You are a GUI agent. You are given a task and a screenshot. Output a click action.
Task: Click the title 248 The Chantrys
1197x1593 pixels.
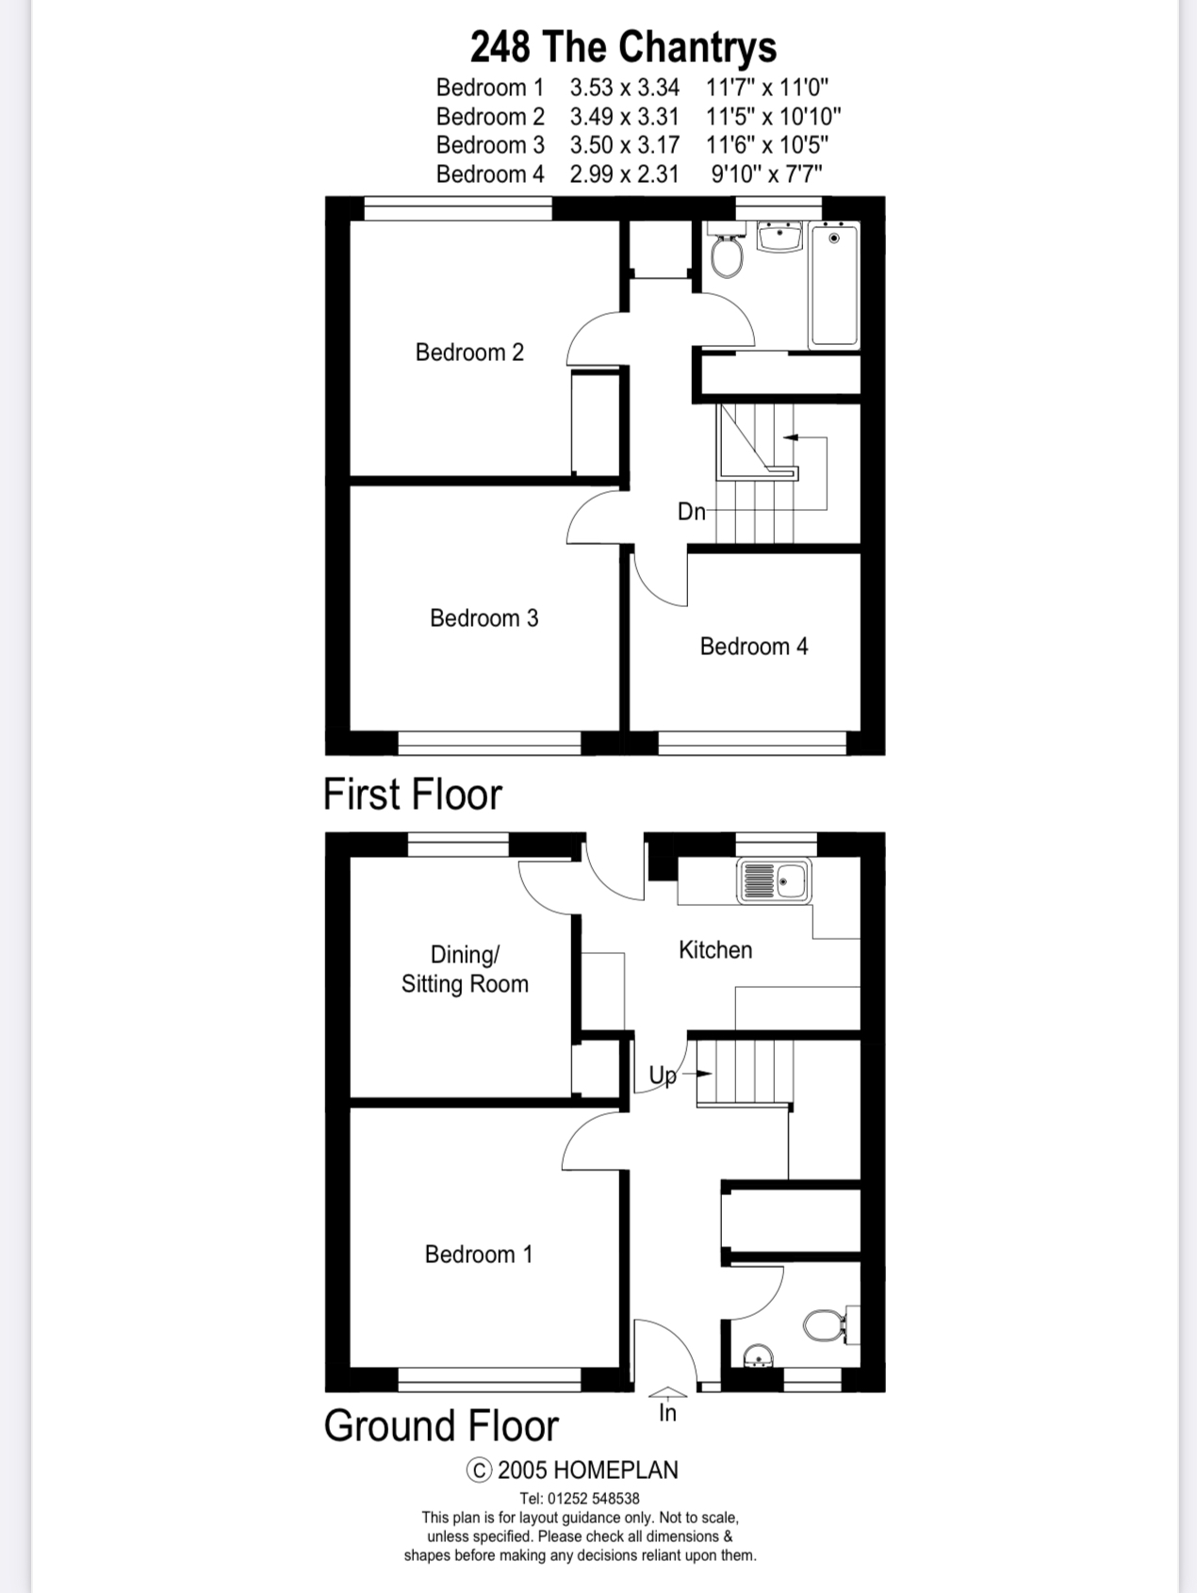[623, 46]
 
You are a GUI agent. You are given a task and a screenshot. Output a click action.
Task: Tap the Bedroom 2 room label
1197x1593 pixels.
[469, 353]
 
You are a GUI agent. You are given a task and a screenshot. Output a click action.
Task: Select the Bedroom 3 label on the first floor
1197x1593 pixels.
[484, 618]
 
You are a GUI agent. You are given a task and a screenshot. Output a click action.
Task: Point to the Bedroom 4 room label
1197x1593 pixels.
[754, 647]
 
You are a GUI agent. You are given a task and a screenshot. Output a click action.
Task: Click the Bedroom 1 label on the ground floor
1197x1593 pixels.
[479, 1255]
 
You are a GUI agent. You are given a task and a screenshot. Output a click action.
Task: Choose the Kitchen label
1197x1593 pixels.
[715, 950]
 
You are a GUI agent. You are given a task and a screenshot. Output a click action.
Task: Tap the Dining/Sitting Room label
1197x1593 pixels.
[465, 969]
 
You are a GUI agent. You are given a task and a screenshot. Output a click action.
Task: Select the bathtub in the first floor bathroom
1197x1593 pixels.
[834, 286]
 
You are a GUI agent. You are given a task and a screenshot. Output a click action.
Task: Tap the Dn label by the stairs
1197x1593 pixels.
[691, 512]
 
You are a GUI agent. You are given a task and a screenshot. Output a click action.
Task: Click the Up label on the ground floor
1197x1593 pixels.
[663, 1076]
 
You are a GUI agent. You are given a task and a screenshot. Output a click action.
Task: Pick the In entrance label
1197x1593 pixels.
[667, 1413]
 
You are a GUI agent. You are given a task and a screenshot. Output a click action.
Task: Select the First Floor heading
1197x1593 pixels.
[413, 795]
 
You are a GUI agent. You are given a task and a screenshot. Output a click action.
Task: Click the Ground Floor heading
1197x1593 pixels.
[441, 1426]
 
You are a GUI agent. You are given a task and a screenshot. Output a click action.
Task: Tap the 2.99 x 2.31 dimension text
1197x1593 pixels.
[624, 174]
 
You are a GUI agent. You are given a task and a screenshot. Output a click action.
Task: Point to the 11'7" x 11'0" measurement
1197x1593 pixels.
[767, 88]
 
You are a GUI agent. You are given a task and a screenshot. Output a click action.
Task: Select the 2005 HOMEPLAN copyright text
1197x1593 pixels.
[573, 1470]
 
